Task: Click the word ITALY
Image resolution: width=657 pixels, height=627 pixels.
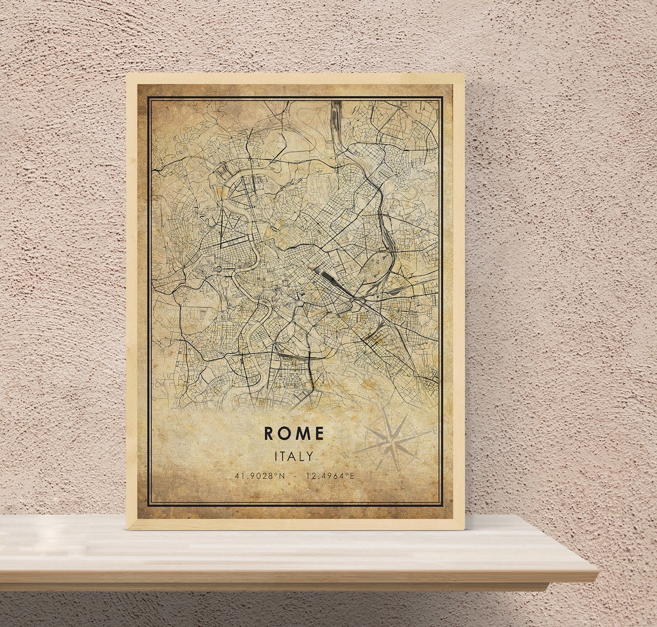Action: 294,456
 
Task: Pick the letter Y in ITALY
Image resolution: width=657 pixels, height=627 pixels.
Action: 310,456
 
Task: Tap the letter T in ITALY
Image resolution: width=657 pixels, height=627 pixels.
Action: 284,456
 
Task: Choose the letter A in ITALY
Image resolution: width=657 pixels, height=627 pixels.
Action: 293,456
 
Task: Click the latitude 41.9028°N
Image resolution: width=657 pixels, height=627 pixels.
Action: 260,476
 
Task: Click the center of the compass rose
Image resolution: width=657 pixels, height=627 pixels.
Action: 392,443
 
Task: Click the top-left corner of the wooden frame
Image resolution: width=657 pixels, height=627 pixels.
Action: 127,74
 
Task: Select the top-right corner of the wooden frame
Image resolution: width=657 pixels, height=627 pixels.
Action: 463,74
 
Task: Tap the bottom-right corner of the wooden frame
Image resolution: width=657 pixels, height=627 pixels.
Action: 463,528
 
